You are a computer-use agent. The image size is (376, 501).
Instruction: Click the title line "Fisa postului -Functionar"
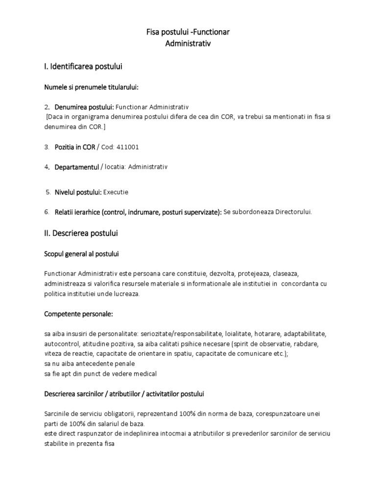point(188,32)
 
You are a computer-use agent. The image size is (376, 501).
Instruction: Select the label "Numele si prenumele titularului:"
point(91,87)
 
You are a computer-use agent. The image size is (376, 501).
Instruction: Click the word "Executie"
point(116,192)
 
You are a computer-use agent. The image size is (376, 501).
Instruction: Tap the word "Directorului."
point(293,212)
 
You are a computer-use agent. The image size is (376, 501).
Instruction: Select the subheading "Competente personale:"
point(78,313)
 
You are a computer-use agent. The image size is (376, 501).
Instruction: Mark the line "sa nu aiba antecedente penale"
point(89,364)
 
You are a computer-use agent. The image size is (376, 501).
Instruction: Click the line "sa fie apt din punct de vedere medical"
point(100,374)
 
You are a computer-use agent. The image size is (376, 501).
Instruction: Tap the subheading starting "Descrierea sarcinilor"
point(124,393)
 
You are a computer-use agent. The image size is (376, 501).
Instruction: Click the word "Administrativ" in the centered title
point(188,44)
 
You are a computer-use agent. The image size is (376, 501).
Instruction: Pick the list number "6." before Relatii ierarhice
point(47,212)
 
